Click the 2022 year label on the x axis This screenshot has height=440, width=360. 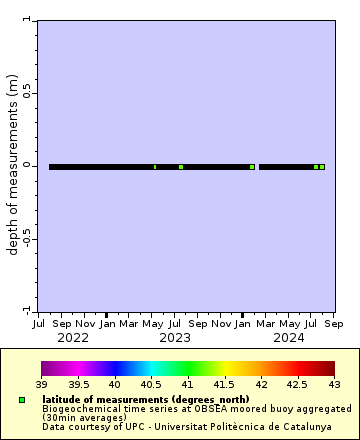(x=73, y=338)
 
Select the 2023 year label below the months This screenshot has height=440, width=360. (x=175, y=338)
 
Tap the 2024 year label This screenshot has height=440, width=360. (x=289, y=338)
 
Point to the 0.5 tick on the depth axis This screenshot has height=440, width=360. (x=27, y=92)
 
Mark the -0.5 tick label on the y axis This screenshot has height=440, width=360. (x=26, y=239)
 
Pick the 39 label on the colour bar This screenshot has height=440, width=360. (x=42, y=384)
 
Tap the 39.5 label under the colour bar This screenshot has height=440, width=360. (x=78, y=384)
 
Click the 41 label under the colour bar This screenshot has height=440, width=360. (x=188, y=384)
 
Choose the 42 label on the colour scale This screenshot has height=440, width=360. (x=261, y=384)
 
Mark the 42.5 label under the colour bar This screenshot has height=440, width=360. (x=297, y=384)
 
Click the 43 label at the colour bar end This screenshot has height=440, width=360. (x=334, y=384)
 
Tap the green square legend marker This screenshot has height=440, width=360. (x=22, y=400)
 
